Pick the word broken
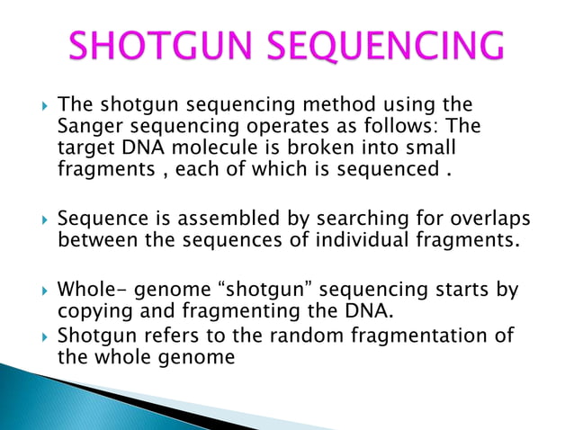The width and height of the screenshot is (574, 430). pyautogui.click(x=307, y=146)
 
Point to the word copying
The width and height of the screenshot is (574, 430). pyautogui.click(x=91, y=311)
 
